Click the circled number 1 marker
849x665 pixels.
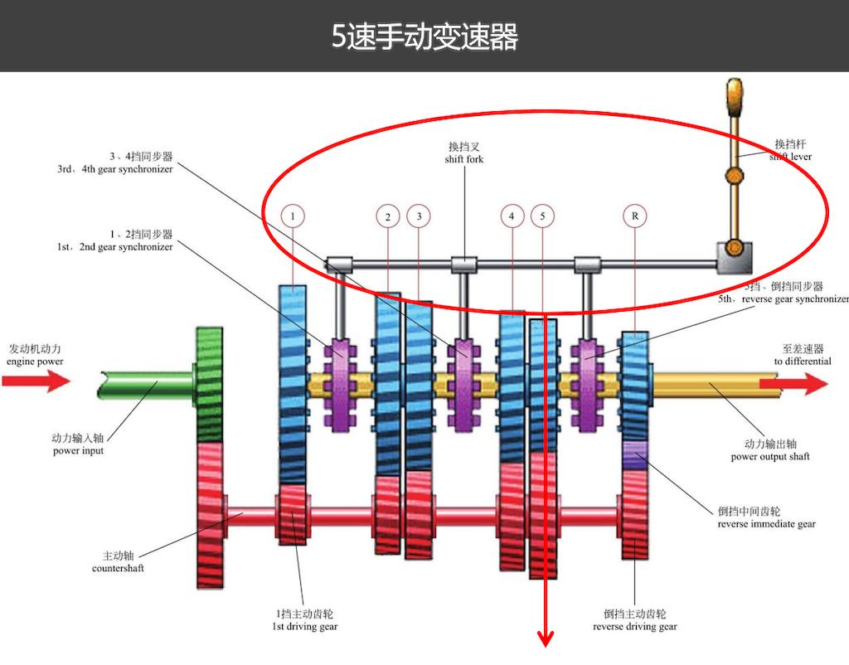click(x=292, y=216)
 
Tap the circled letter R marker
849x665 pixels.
click(x=634, y=216)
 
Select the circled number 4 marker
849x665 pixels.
click(x=512, y=216)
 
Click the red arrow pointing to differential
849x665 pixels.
click(x=803, y=383)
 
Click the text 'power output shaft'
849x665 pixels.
click(x=769, y=457)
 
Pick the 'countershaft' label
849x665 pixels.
click(x=118, y=568)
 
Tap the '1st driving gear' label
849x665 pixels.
click(x=305, y=627)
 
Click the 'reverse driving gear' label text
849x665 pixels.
click(x=634, y=627)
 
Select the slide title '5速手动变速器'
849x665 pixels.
click(x=424, y=36)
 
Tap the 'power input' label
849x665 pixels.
click(x=78, y=451)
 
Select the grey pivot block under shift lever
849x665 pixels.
click(x=735, y=258)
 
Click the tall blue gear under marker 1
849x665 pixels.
click(x=292, y=381)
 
